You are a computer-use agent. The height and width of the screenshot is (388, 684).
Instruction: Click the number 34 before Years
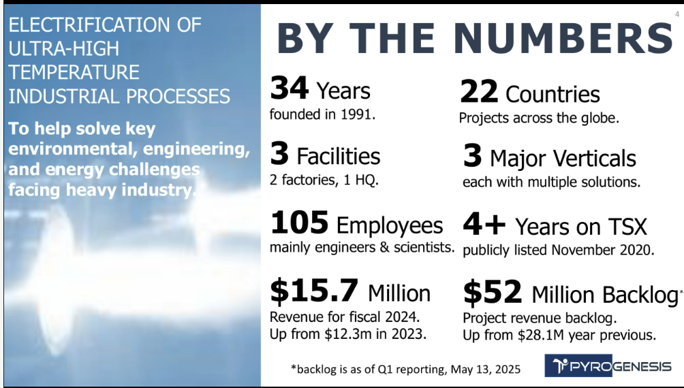[x=290, y=89]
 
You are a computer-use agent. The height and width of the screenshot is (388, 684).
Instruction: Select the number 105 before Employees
[x=299, y=224]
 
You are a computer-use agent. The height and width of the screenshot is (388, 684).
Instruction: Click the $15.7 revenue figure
[x=314, y=291]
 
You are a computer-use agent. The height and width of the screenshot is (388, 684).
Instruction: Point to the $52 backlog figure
[x=493, y=293]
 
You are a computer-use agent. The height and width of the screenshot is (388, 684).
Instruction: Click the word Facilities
[x=338, y=157]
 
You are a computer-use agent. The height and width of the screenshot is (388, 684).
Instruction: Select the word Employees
[x=390, y=225]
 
